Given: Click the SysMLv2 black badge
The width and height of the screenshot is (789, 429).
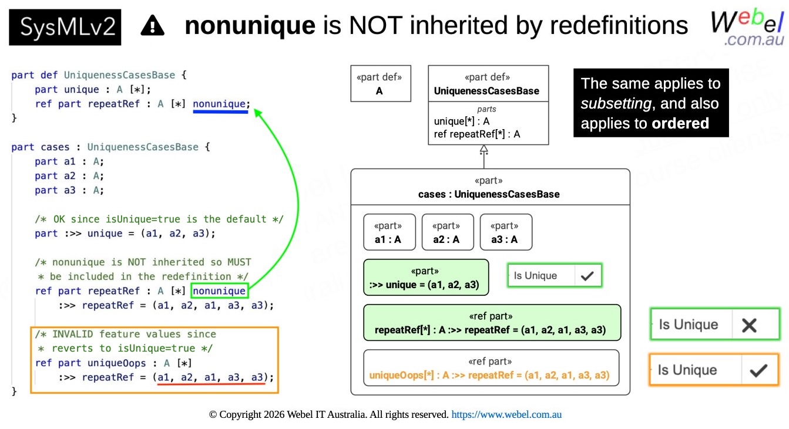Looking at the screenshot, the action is click(65, 27).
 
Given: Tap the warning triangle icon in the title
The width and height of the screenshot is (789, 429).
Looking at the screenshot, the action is click(153, 25).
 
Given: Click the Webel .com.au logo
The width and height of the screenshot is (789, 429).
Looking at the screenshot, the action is click(747, 28).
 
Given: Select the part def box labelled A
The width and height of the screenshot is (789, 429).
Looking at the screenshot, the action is click(381, 83).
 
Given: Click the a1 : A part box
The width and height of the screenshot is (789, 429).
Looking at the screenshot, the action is click(390, 232).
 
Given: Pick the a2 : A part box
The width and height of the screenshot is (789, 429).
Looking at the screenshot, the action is click(448, 232).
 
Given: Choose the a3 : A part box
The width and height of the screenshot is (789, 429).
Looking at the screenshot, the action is click(506, 232).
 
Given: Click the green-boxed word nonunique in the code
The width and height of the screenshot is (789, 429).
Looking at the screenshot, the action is click(220, 290).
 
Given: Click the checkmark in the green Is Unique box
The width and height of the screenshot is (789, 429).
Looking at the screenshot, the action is click(587, 276).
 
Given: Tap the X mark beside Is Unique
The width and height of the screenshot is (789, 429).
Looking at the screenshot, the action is click(749, 325).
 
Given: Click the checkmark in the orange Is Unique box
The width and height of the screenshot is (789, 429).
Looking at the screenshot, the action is click(758, 370).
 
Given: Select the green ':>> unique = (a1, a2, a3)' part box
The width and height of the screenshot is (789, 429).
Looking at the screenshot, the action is click(426, 278).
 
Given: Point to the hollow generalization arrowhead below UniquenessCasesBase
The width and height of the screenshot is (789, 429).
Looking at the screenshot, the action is click(484, 149).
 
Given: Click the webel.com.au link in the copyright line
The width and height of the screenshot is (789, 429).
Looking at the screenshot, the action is click(506, 414).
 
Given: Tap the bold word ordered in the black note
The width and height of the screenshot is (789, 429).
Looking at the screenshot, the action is click(680, 123).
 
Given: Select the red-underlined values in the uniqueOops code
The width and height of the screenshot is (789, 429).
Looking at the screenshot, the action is click(211, 377).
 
